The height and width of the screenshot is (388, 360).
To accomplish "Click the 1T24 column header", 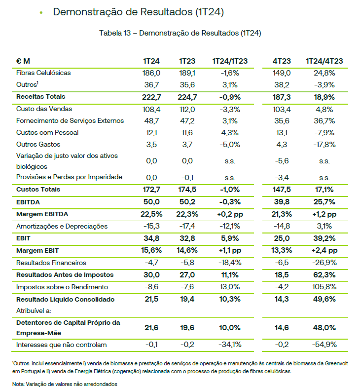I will pos(151,61).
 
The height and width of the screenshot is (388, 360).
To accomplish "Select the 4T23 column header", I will pos(282,61).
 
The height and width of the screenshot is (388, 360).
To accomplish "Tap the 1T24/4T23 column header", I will pos(324,61).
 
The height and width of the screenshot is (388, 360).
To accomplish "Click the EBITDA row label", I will pos(28,202).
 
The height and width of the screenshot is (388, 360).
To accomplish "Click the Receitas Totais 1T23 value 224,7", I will pos(187,97).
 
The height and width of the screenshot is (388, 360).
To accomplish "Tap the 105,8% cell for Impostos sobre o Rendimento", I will pos(324,287).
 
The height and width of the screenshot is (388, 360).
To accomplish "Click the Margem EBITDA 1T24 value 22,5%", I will pos(151,214).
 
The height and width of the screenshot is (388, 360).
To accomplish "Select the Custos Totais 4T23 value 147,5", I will pos(282,190).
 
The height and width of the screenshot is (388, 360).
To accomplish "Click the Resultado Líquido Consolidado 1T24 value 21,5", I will pos(151,299).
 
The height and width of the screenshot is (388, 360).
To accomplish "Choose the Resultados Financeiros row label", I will pos(51,263).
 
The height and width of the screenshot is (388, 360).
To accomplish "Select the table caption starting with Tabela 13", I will pos(180,33).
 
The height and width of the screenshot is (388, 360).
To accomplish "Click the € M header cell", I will pos(23,61).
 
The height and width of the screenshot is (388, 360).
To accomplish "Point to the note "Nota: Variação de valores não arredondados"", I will pos(65,383).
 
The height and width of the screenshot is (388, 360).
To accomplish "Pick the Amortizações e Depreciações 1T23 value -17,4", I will pos(187,226).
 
